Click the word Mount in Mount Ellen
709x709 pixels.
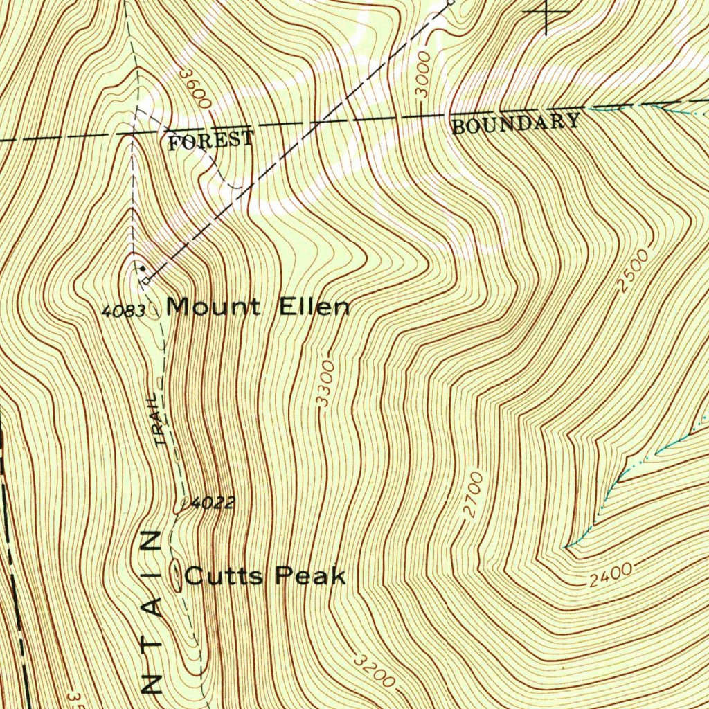(213, 306)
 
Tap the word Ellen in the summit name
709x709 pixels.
(314, 306)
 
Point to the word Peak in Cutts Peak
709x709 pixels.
(310, 575)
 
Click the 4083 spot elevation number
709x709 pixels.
(123, 312)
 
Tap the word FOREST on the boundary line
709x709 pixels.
(211, 141)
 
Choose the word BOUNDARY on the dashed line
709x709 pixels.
(516, 123)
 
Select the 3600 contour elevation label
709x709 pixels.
(193, 88)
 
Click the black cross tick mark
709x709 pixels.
(546, 12)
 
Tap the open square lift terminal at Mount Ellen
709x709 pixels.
(146, 281)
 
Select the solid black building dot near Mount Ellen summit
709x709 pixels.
(142, 267)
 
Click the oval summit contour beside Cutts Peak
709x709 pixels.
(176, 575)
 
